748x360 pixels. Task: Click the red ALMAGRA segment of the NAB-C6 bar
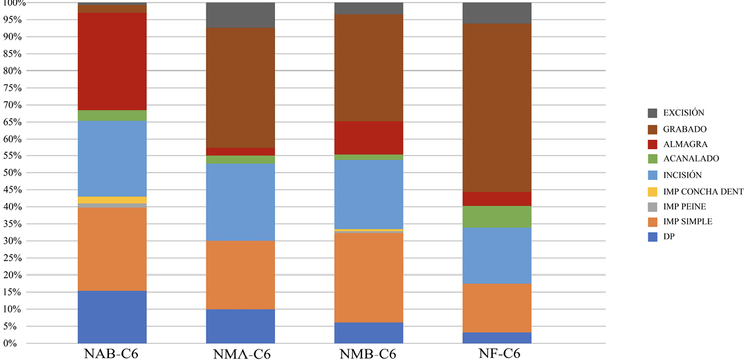coord(112,61)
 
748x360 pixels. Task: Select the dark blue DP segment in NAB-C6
coord(112,316)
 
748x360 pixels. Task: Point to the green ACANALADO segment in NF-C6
coord(497,217)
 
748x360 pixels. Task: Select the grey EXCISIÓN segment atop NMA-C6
coord(240,15)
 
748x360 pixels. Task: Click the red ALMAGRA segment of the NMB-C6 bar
coord(369,138)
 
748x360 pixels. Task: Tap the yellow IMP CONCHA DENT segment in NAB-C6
coord(112,200)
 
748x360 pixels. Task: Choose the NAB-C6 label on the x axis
coord(111,353)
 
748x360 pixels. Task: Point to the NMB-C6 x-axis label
coord(368,354)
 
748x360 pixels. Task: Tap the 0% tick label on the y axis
coord(16,343)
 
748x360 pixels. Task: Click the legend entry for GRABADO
coord(686,129)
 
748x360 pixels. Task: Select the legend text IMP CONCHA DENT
coord(702,191)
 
